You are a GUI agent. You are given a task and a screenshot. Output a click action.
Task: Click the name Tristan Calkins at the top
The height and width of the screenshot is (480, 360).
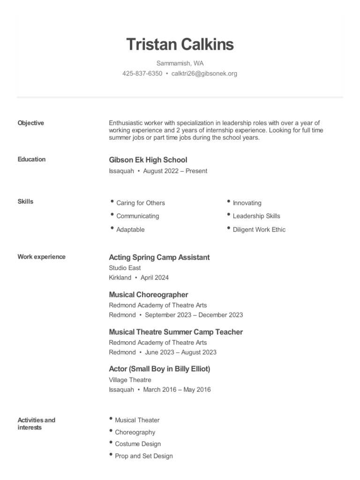(x=180, y=45)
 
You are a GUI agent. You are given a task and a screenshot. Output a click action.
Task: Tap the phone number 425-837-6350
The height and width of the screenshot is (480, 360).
(x=142, y=74)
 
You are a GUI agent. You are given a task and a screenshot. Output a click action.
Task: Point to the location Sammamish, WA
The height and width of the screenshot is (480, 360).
(x=180, y=63)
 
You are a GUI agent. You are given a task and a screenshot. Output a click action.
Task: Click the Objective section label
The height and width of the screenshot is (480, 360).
(x=31, y=123)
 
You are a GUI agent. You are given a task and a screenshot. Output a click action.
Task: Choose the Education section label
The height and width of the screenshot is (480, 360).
(x=31, y=159)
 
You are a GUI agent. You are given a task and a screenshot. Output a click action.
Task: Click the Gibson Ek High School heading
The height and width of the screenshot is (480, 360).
(x=148, y=160)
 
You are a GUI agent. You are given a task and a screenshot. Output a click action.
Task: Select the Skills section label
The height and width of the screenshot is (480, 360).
(x=25, y=202)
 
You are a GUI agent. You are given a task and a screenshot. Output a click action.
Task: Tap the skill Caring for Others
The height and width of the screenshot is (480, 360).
(x=140, y=203)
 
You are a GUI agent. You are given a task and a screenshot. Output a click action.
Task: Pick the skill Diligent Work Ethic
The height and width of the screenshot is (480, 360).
(x=259, y=230)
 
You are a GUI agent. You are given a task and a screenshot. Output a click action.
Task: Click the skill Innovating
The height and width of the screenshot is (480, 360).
(x=247, y=203)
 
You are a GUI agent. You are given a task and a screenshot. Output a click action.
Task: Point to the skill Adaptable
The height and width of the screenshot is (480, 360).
(x=130, y=230)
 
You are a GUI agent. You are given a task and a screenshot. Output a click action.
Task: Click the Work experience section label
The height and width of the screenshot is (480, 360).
(x=41, y=257)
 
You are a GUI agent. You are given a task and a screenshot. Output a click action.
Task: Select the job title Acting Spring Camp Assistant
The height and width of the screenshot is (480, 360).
(x=159, y=257)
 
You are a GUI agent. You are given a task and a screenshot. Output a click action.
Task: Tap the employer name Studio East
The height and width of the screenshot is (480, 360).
(x=125, y=268)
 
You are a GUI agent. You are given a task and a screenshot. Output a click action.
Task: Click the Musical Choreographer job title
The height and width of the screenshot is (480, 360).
(x=148, y=295)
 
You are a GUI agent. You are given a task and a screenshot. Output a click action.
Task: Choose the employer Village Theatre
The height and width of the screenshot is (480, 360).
(x=130, y=380)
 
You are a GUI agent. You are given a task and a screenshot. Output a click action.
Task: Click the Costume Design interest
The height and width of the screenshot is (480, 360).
(x=137, y=444)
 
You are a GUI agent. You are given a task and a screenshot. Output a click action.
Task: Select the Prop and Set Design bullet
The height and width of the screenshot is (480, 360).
(x=143, y=456)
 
